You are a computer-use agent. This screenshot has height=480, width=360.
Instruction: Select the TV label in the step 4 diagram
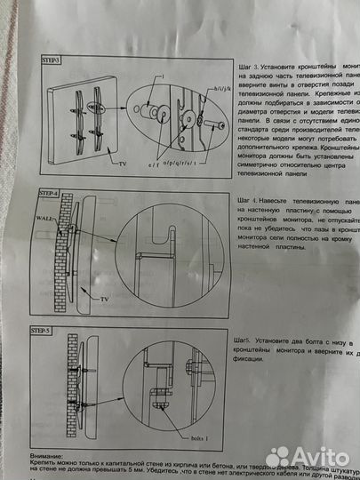[106, 300]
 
